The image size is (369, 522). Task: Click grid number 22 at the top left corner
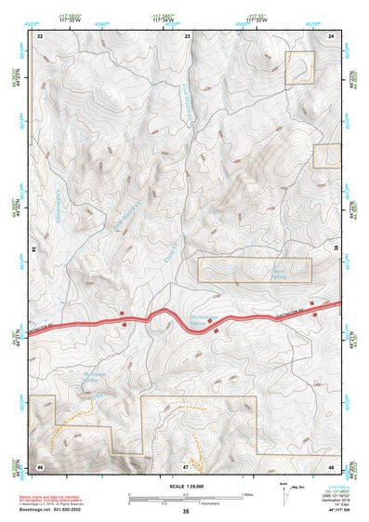coord(40,34)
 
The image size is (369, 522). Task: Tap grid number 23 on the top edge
coord(187,34)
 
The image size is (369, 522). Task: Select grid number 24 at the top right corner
coord(332,34)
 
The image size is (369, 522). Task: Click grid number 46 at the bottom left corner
coord(40,464)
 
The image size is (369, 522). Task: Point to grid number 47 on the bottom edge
coord(186,464)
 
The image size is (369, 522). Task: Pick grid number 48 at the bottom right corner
coord(332,464)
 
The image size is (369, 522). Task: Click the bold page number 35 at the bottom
coord(186,511)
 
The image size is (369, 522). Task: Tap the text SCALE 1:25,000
coord(186,486)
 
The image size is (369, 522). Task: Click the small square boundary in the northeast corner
coord(299,68)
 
